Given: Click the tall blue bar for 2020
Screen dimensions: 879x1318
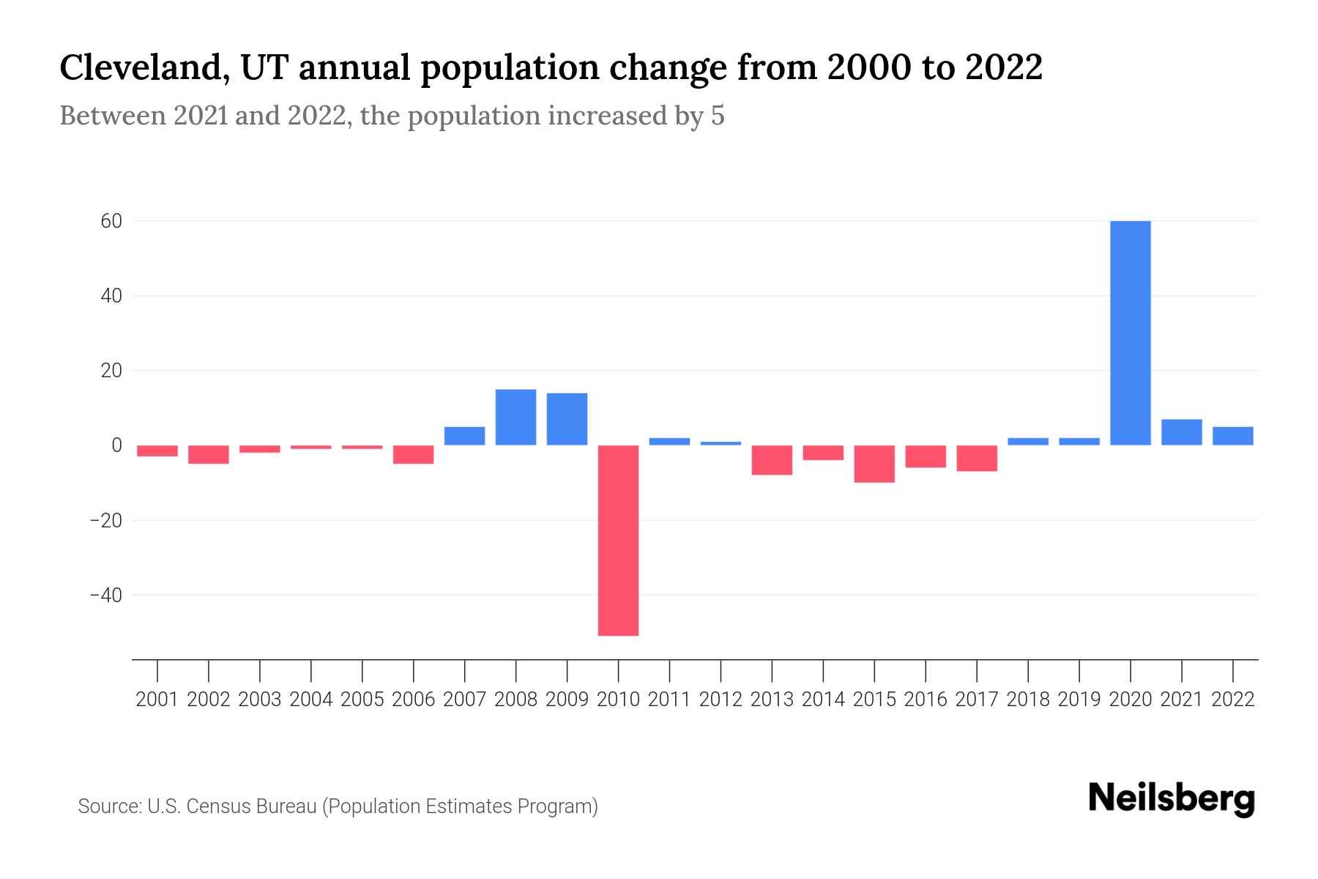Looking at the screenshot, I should click(x=1130, y=333).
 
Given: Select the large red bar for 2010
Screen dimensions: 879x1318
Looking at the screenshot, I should click(x=618, y=540).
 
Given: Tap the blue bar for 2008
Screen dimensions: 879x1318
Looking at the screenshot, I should click(x=515, y=417).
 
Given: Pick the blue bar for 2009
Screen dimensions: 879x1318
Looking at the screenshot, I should click(x=567, y=419).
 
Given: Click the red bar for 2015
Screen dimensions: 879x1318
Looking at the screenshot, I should click(x=874, y=464).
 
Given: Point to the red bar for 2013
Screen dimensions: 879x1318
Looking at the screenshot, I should click(x=772, y=460).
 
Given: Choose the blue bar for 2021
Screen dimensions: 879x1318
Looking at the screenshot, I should click(x=1181, y=432).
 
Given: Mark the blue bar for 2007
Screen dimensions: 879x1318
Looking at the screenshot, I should click(x=464, y=436).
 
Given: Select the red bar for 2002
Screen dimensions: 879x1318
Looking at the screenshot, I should click(x=209, y=454).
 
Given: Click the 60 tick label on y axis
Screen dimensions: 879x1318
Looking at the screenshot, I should click(x=111, y=221).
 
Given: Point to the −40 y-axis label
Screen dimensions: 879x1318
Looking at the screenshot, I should click(x=105, y=595).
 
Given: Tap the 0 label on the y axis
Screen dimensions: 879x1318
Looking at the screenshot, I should click(x=116, y=445).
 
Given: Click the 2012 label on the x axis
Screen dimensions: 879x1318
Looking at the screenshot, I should click(x=721, y=700).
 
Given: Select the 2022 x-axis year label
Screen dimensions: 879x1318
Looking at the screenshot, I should click(x=1233, y=700).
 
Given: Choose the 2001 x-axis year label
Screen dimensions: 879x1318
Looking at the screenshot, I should click(x=157, y=700).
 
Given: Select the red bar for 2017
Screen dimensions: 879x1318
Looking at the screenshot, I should click(x=976, y=458).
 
